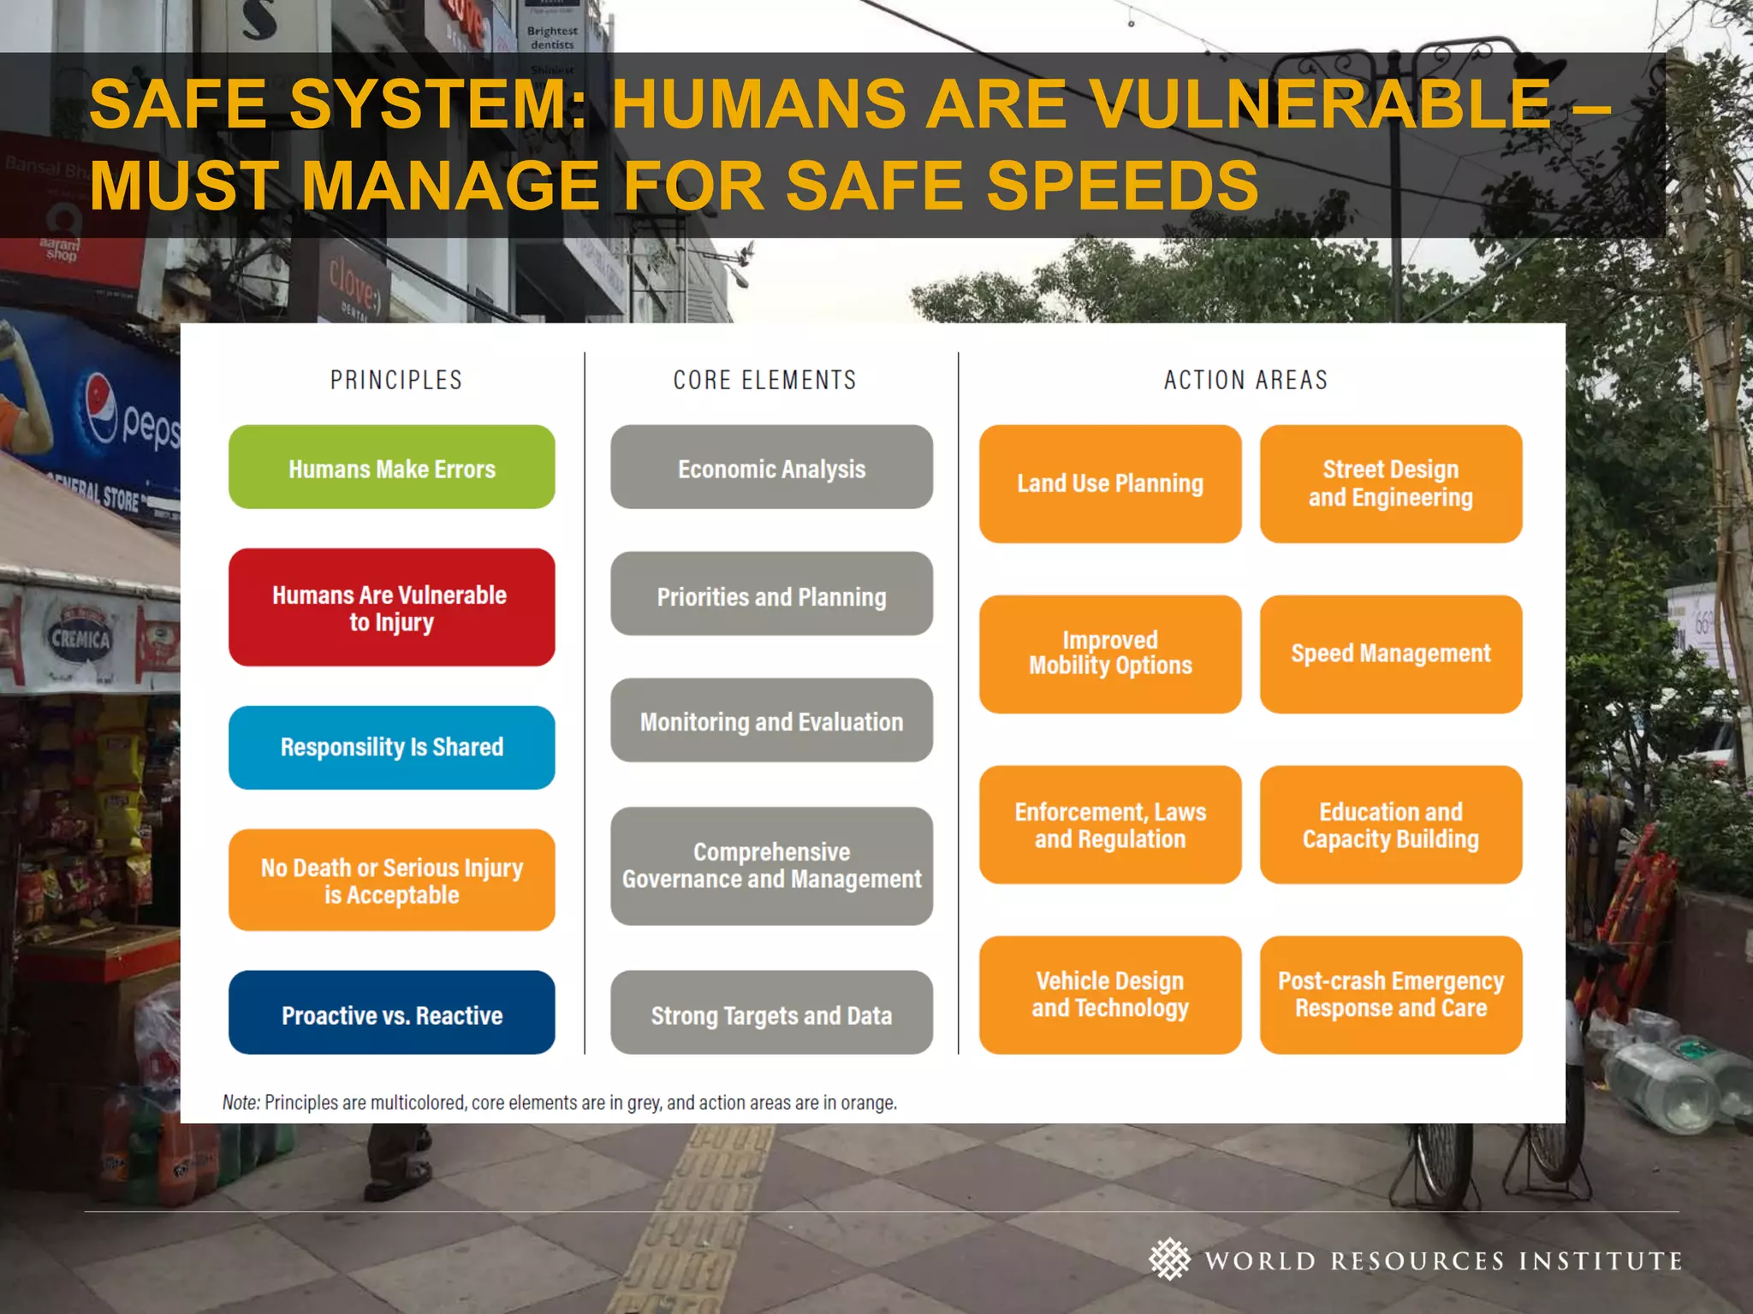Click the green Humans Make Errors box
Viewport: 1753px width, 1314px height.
(391, 467)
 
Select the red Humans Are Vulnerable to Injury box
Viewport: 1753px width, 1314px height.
(391, 607)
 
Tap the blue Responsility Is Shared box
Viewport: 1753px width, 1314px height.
(391, 747)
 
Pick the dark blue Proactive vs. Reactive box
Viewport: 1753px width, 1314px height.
(391, 1013)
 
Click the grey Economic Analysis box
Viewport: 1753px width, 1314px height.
(771, 467)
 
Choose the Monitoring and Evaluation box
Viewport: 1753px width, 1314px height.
(771, 720)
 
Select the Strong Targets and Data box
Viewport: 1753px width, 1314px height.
(771, 1013)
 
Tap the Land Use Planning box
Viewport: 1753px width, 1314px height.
(1110, 484)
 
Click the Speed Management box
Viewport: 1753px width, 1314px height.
(1391, 654)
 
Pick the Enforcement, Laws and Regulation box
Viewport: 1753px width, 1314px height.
(1110, 825)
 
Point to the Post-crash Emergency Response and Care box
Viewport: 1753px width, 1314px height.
(1391, 994)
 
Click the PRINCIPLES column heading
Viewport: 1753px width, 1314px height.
(396, 380)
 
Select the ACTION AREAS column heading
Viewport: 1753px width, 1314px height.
(1245, 380)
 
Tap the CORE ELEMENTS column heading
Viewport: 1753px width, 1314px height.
(764, 380)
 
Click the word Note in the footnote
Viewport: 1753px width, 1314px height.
(241, 1103)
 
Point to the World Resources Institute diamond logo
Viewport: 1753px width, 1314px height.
(1169, 1259)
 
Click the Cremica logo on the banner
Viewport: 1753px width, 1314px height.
(80, 637)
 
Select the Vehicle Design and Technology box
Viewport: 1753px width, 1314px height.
(1110, 994)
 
